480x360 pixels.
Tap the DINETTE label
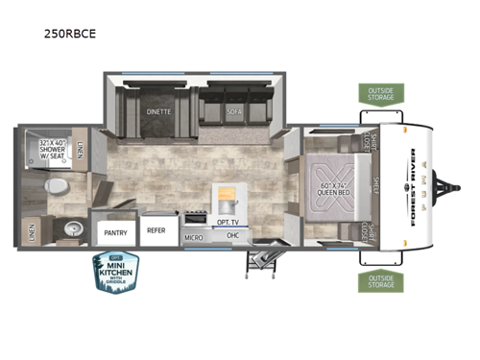tap(158, 111)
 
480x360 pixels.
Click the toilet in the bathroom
tap(57, 186)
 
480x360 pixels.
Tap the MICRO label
tap(193, 236)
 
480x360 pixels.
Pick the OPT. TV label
tap(228, 222)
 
